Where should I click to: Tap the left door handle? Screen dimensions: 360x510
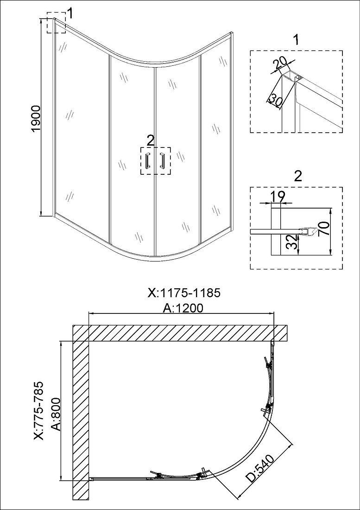(x=148, y=160)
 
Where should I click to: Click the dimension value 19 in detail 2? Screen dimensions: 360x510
(x=278, y=196)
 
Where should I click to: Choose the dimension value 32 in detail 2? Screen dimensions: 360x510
(x=292, y=242)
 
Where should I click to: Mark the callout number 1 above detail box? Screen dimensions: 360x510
(x=296, y=40)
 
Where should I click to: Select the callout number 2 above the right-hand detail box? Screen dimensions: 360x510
(x=297, y=176)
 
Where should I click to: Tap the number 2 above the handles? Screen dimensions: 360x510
(x=150, y=140)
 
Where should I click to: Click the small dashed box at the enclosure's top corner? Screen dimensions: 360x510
(x=56, y=22)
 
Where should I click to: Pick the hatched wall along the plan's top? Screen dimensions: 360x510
(x=180, y=333)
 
